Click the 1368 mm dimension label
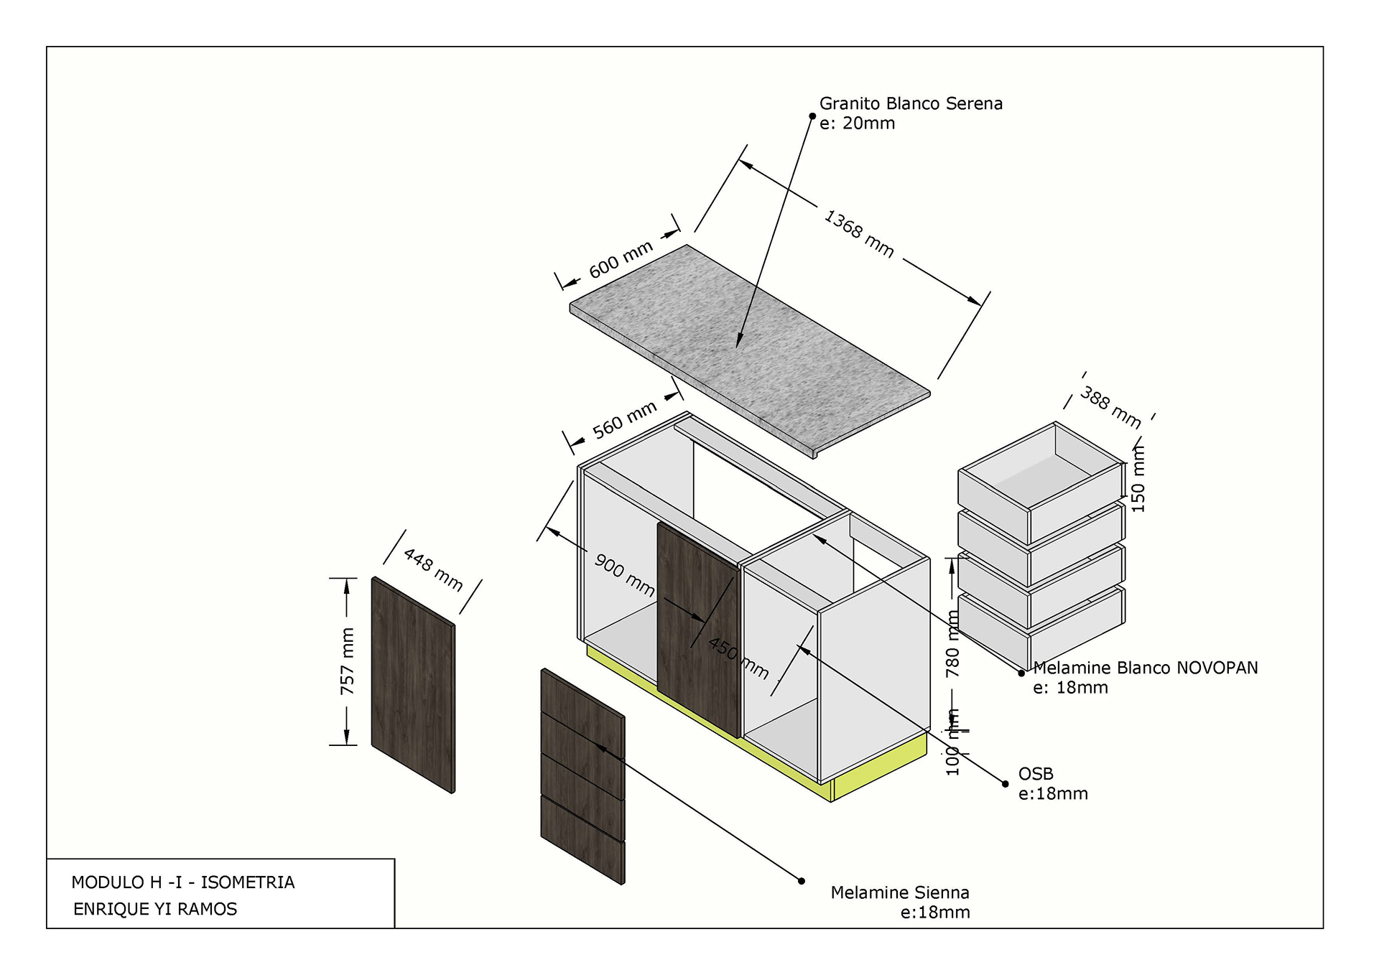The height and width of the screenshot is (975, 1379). coord(858,233)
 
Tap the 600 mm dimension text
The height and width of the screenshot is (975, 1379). coord(621,259)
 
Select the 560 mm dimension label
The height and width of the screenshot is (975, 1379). coord(624,420)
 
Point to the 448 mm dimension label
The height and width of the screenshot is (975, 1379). coord(433,569)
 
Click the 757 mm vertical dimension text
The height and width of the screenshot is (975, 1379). coord(348,661)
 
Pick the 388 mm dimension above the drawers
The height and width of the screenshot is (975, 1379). coord(1110,407)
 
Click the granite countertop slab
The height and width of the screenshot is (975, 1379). coord(747,345)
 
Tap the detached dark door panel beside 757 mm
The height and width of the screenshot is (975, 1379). coord(413,686)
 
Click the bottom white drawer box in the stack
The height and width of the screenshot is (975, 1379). coord(1041,628)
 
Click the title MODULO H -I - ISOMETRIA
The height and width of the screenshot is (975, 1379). coord(183,882)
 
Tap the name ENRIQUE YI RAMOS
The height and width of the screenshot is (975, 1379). coord(155,909)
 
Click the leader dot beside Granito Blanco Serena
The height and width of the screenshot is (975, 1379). coord(812,116)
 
